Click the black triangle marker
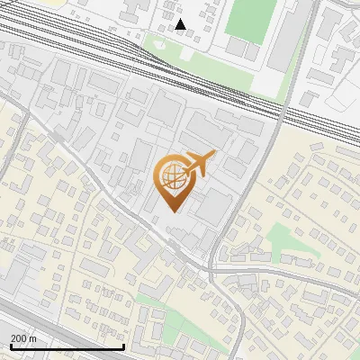181,24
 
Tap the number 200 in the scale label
19,338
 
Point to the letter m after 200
32,338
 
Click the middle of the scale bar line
67,346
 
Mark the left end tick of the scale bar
11,346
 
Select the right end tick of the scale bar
123,346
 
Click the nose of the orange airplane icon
213,156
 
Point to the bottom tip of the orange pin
175,211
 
